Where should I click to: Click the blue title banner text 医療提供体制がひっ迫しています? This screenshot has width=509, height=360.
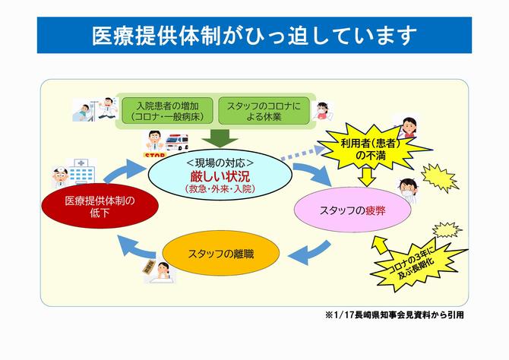pyautogui.click(x=254, y=35)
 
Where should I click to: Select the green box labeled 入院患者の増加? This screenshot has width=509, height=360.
pyautogui.click(x=166, y=110)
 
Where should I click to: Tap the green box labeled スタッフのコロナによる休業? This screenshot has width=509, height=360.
pyautogui.click(x=264, y=110)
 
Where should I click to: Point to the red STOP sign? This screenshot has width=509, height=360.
pyautogui.click(x=154, y=155)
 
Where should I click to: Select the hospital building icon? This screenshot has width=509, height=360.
pyautogui.click(x=79, y=172)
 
